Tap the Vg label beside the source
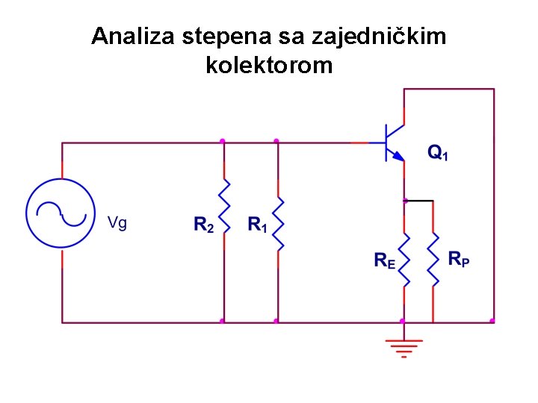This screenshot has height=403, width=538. [x=117, y=222]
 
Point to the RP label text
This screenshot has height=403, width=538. [x=460, y=259]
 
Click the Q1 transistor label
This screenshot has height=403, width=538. [x=438, y=153]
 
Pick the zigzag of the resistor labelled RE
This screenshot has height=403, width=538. [x=404, y=259]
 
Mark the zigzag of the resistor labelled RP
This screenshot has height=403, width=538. [x=433, y=259]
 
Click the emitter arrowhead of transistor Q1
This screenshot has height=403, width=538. [x=399, y=156]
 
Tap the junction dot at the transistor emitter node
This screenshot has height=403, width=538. [x=404, y=201]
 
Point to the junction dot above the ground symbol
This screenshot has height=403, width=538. [x=403, y=322]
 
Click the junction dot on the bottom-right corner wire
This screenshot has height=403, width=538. [x=492, y=321]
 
